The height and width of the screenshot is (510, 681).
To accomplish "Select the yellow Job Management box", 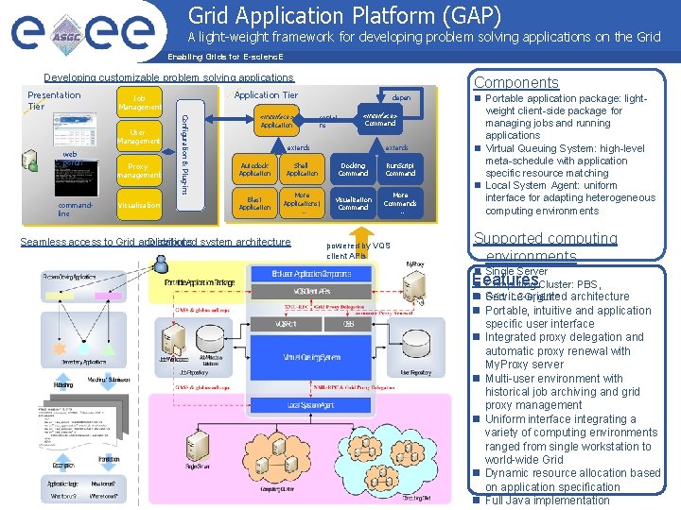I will pos(138,102).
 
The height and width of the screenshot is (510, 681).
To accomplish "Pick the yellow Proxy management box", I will pos(138,170).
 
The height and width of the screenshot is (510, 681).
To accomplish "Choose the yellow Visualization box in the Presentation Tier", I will pos(138,204).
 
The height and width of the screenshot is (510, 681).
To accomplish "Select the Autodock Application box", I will pos(254,169).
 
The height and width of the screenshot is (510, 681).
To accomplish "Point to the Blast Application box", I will pos(254,203).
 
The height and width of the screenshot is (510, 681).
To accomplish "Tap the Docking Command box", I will pos(353,169).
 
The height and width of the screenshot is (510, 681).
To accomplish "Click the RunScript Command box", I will pos(400,169).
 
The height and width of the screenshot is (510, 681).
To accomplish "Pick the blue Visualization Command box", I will pos(353,203).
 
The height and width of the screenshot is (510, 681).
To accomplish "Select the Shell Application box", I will pos(302,169).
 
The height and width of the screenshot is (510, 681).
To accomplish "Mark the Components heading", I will pos(515,83).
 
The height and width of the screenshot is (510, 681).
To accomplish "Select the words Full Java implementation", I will pos(547,501).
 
